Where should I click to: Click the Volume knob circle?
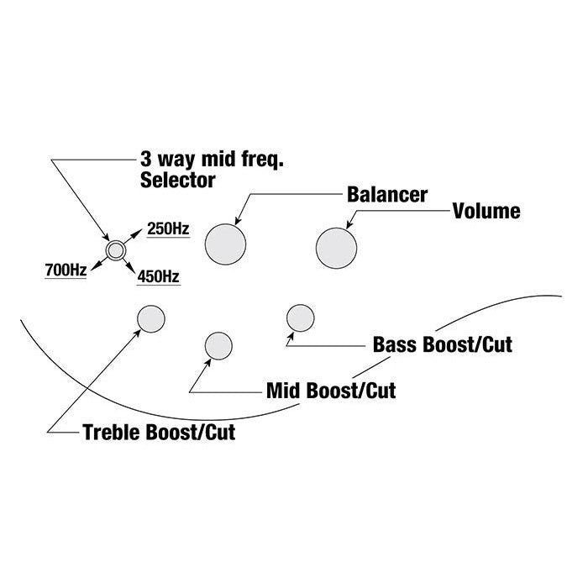[x=336, y=246]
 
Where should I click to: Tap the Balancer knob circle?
[x=227, y=244]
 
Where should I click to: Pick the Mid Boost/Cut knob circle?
[x=218, y=345]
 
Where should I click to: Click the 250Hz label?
[x=168, y=228]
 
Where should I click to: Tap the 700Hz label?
[x=66, y=270]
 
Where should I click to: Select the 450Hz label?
[x=157, y=276]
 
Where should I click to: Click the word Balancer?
[x=387, y=194]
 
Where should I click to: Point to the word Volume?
[x=486, y=210]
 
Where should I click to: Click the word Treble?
[x=112, y=433]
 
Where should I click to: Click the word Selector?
[x=179, y=179]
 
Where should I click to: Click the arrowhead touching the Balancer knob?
[x=238, y=221]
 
